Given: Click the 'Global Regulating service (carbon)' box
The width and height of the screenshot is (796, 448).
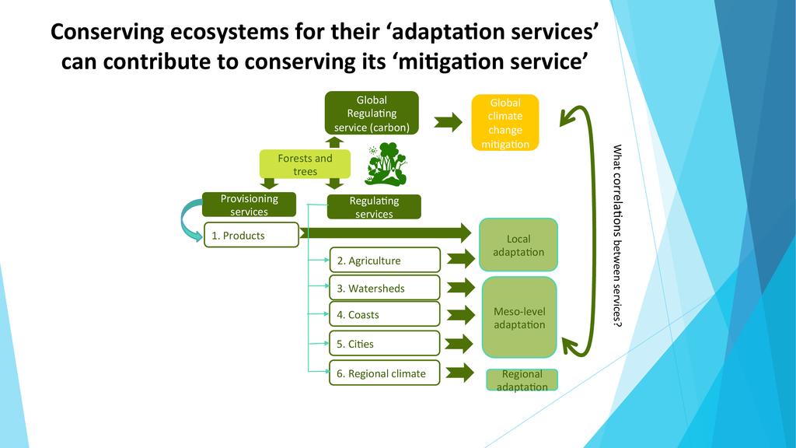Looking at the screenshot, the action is [372, 114].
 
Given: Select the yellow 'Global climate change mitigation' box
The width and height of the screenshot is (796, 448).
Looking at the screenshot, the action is [505, 122].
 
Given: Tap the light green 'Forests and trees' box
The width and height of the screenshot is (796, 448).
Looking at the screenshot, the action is [305, 164].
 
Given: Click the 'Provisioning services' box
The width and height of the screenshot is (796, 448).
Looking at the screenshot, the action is [249, 205].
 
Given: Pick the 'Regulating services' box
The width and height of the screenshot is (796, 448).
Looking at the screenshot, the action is [374, 207].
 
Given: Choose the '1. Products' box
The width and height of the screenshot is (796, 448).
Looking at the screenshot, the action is [251, 235].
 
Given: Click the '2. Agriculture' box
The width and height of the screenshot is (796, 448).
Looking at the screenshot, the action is [384, 260].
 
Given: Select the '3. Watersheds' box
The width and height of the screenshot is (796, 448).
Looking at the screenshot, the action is [384, 288].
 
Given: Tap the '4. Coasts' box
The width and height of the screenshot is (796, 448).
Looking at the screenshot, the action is [384, 314].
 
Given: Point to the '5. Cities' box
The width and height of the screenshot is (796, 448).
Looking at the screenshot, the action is [384, 343].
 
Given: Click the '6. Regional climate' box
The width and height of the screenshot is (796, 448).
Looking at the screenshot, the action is [384, 373].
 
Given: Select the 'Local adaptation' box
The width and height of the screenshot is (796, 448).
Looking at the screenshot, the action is [518, 245].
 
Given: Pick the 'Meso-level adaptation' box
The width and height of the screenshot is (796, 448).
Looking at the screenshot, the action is [519, 317].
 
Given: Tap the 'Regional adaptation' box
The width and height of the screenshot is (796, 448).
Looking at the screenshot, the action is [522, 380].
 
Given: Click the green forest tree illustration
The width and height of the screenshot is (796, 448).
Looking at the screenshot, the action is [386, 164].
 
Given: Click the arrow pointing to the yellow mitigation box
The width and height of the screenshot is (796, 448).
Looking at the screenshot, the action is [449, 122].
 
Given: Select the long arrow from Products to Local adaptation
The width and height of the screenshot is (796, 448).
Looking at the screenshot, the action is [386, 233].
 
